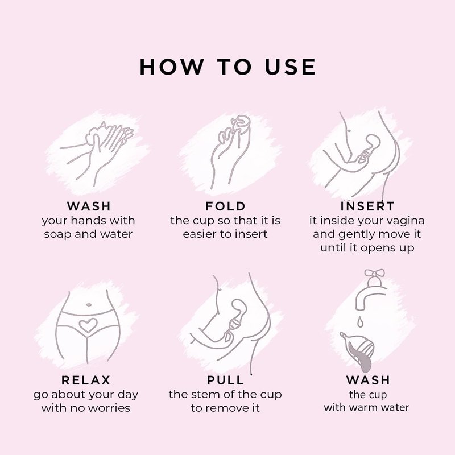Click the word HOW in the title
(x=172, y=67)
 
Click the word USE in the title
(x=290, y=67)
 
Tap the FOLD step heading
(x=225, y=206)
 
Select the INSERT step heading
(x=367, y=206)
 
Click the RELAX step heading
(x=86, y=380)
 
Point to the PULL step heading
(x=226, y=380)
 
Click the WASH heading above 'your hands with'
(x=89, y=206)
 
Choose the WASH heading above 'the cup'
(x=368, y=380)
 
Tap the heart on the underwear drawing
(x=88, y=325)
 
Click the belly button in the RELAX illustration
(x=89, y=305)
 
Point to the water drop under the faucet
(x=360, y=321)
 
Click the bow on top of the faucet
(x=374, y=274)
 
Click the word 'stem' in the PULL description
(x=202, y=395)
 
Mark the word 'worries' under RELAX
(x=109, y=408)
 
